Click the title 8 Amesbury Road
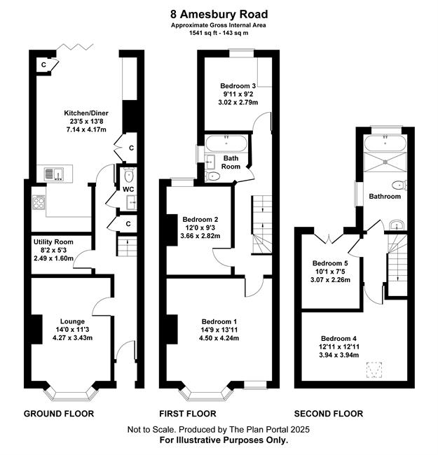coord(219,14)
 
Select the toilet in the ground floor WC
coord(128,175)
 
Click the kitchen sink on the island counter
coord(54,174)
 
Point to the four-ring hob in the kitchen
coord(39,202)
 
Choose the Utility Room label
coord(53,242)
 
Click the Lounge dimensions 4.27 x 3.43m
coord(73,338)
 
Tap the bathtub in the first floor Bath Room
coord(226,143)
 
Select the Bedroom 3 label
coord(238,86)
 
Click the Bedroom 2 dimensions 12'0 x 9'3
coord(200,227)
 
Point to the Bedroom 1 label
coord(219,322)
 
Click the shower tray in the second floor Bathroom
coord(385,161)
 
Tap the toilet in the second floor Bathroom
coord(399,185)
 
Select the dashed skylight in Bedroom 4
coord(374,370)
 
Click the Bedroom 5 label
coord(330,263)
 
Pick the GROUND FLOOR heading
coord(59,414)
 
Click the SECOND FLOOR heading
coord(329,414)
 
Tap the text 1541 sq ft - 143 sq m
coord(219,33)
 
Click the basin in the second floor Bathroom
coord(397,225)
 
